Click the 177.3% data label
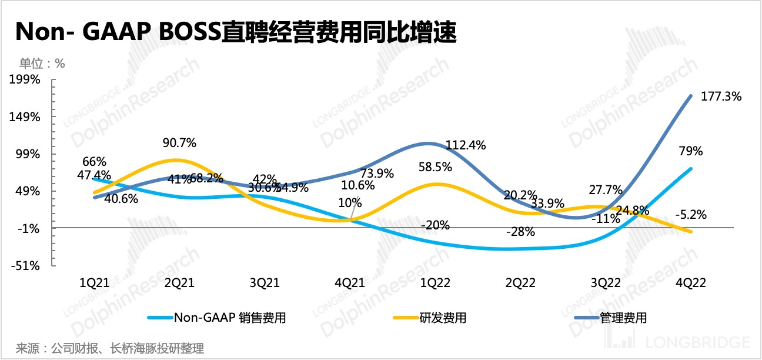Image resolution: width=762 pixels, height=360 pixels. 721,96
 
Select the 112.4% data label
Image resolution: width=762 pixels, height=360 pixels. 466,145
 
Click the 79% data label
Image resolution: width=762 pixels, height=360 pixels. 691,151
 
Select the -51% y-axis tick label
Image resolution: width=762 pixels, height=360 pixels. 26,265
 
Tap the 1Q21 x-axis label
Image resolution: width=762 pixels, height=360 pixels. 95,282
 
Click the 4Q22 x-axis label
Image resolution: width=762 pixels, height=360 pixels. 691,282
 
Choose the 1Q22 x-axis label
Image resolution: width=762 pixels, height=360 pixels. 436,282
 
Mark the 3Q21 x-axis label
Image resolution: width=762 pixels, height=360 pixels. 265,282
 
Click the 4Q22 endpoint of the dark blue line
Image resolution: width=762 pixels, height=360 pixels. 691,96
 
